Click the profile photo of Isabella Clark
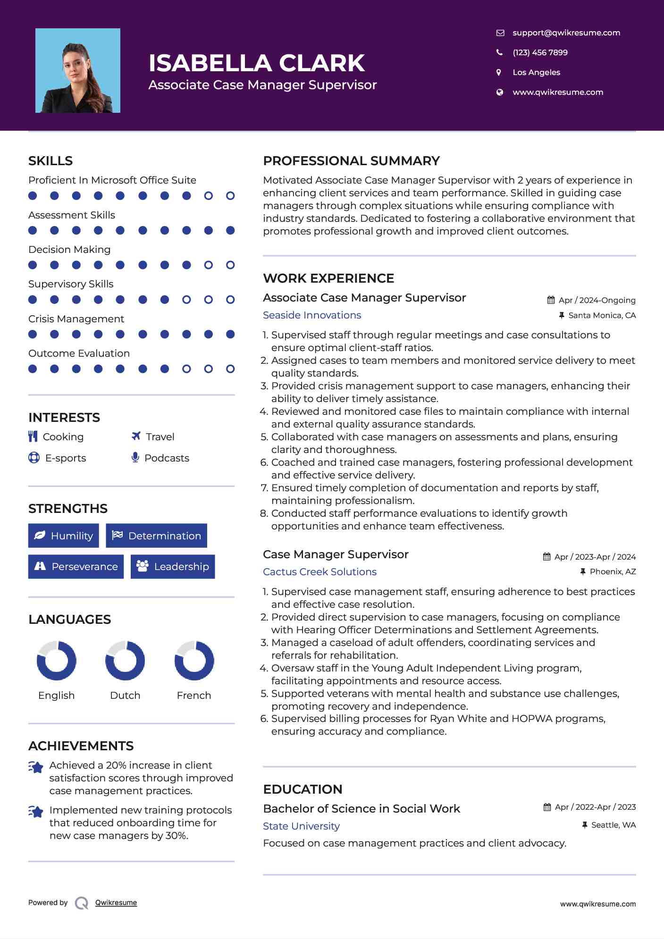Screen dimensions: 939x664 click(78, 71)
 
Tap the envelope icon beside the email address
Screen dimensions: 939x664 click(500, 33)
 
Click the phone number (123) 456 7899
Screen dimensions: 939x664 click(540, 53)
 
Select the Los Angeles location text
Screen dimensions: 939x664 click(536, 73)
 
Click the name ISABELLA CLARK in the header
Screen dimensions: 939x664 click(256, 63)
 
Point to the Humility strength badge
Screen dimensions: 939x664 click(64, 536)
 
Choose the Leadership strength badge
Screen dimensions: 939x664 click(173, 567)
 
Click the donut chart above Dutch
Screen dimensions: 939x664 click(125, 661)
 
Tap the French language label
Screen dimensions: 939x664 click(193, 696)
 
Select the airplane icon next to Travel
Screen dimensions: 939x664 click(136, 436)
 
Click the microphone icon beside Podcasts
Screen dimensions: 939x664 click(135, 457)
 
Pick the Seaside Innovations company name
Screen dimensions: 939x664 click(312, 315)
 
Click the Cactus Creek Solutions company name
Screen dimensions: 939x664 click(319, 572)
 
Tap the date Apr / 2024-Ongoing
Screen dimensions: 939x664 click(597, 301)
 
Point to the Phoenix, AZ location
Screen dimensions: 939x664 click(613, 572)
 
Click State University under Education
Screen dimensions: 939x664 click(301, 826)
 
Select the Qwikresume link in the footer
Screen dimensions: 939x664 click(116, 903)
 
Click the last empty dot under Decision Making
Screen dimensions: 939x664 click(230, 265)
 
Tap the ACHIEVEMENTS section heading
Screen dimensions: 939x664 click(81, 746)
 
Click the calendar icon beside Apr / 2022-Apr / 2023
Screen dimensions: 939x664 click(547, 807)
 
